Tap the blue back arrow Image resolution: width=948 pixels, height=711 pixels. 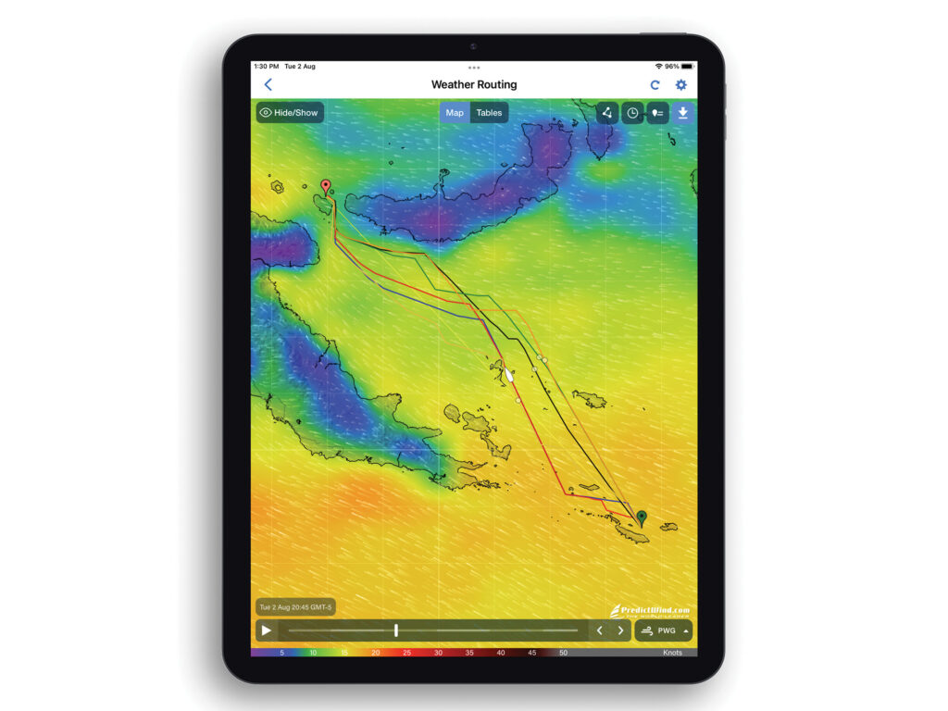(268, 85)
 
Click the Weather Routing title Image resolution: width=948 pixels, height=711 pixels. (474, 85)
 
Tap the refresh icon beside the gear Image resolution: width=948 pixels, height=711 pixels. (655, 85)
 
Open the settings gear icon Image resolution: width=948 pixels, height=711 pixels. (681, 85)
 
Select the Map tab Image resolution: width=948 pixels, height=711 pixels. (455, 113)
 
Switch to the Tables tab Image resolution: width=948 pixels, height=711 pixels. (489, 113)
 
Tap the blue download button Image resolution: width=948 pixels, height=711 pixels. (682, 113)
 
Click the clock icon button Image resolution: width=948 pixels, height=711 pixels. (632, 113)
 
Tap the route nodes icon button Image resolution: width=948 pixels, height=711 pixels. (606, 113)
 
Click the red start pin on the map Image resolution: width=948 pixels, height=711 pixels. (325, 186)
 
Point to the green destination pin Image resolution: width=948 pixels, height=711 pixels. (641, 517)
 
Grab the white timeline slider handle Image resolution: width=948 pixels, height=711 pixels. (396, 630)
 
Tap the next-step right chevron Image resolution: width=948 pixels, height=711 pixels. (620, 630)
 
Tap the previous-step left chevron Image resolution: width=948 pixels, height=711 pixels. (599, 630)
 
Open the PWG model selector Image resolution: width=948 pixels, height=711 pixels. (664, 630)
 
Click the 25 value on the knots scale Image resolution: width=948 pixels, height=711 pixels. (406, 653)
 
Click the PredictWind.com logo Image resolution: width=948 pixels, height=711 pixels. (650, 610)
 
